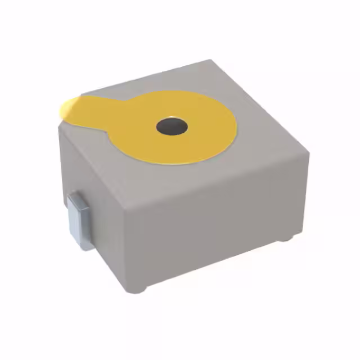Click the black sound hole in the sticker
click(x=172, y=127)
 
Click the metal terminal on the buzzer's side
click(x=78, y=222)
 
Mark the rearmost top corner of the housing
click(x=210, y=61)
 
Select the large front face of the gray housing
click(x=219, y=225)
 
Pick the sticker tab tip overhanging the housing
click(x=65, y=110)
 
